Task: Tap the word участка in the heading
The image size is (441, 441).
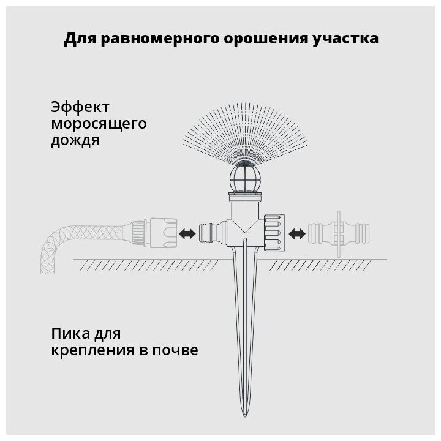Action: [348, 39]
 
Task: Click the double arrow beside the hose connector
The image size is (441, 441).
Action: [188, 233]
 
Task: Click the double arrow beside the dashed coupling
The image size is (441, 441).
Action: [297, 233]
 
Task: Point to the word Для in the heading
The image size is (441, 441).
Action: [78, 39]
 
